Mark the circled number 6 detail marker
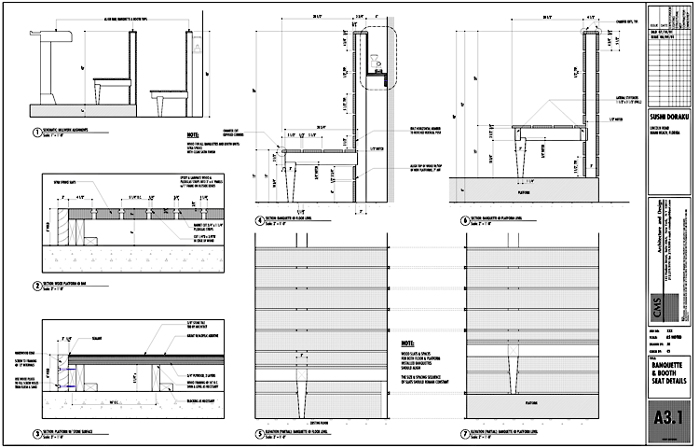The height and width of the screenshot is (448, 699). click(466, 219)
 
